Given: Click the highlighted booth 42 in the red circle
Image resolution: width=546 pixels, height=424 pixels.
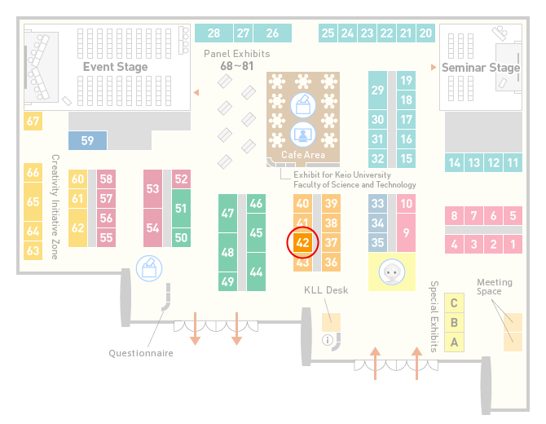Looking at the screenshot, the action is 302,242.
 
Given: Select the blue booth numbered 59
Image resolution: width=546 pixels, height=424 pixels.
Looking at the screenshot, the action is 87,140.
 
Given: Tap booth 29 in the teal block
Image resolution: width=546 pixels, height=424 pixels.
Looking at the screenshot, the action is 377,91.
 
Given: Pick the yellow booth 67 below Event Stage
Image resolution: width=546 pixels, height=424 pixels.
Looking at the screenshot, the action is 33,121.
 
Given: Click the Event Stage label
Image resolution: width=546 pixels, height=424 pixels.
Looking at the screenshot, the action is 115,67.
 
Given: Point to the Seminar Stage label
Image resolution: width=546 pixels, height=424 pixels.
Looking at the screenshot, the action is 481,67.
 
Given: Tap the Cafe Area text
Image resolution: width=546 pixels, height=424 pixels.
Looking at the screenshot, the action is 303,155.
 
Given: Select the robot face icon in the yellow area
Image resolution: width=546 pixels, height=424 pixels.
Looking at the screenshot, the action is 392,272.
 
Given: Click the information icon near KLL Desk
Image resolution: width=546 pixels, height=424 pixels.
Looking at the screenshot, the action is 328,340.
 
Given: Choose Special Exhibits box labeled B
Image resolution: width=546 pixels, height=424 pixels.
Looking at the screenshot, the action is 454,323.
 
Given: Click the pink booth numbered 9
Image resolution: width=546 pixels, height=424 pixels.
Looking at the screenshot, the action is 406,232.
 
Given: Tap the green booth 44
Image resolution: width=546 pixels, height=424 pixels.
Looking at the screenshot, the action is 256,272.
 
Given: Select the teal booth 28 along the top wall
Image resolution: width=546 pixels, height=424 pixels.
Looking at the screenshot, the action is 214,33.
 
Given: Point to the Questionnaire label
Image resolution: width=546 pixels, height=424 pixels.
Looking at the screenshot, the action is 141,353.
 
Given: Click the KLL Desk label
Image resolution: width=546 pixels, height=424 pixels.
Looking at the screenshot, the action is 326,290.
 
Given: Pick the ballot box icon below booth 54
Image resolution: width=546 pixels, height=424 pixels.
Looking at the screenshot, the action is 149,268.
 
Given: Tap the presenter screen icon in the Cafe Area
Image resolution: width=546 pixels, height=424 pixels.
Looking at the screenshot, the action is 303,135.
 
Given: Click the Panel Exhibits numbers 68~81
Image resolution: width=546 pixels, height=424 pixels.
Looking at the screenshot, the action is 237,66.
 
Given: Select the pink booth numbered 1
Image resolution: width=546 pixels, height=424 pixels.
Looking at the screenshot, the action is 513,245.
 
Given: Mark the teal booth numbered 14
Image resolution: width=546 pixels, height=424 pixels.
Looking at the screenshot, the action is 454,163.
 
